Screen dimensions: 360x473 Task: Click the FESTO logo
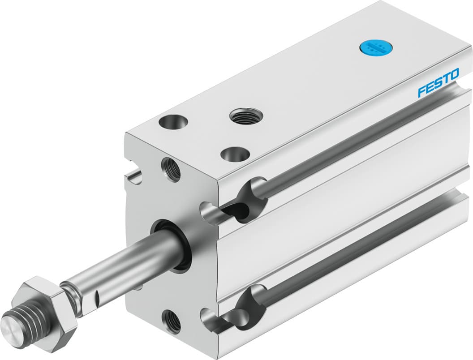(x=438, y=82)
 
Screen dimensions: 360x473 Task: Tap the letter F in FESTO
(x=422, y=91)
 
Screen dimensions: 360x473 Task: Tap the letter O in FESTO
(x=453, y=75)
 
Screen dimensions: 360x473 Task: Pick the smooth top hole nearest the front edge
(x=235, y=154)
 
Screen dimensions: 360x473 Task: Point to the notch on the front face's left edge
(x=133, y=175)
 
